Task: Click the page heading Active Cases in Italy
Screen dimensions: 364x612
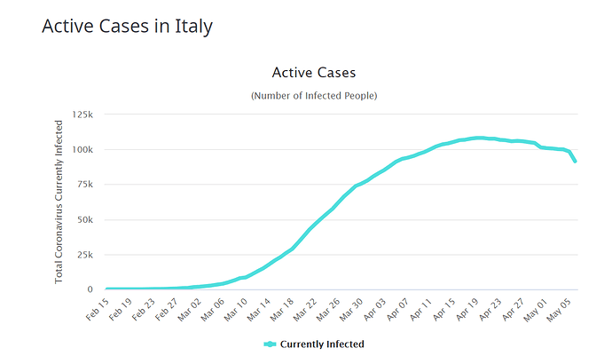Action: click(x=128, y=27)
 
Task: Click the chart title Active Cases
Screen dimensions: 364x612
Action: click(x=313, y=72)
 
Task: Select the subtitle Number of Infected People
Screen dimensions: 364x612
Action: click(x=313, y=95)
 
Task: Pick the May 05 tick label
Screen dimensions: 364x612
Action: click(x=559, y=308)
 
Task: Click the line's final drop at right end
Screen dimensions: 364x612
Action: click(x=574, y=158)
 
